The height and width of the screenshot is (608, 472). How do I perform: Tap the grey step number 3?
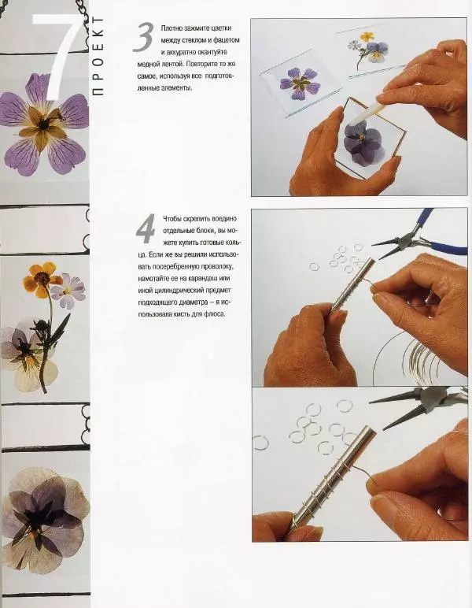pyautogui.click(x=143, y=37)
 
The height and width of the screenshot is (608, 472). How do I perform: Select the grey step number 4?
pyautogui.click(x=146, y=228)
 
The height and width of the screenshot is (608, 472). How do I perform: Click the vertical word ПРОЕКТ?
pyautogui.click(x=99, y=55)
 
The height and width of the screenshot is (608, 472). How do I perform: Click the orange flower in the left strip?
pyautogui.click(x=41, y=276)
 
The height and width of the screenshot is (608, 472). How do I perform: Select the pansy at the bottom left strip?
pyautogui.click(x=44, y=520)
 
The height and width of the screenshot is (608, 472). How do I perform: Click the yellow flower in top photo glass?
pyautogui.click(x=367, y=37)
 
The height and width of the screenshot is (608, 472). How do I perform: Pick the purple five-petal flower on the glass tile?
pyautogui.click(x=301, y=83)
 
